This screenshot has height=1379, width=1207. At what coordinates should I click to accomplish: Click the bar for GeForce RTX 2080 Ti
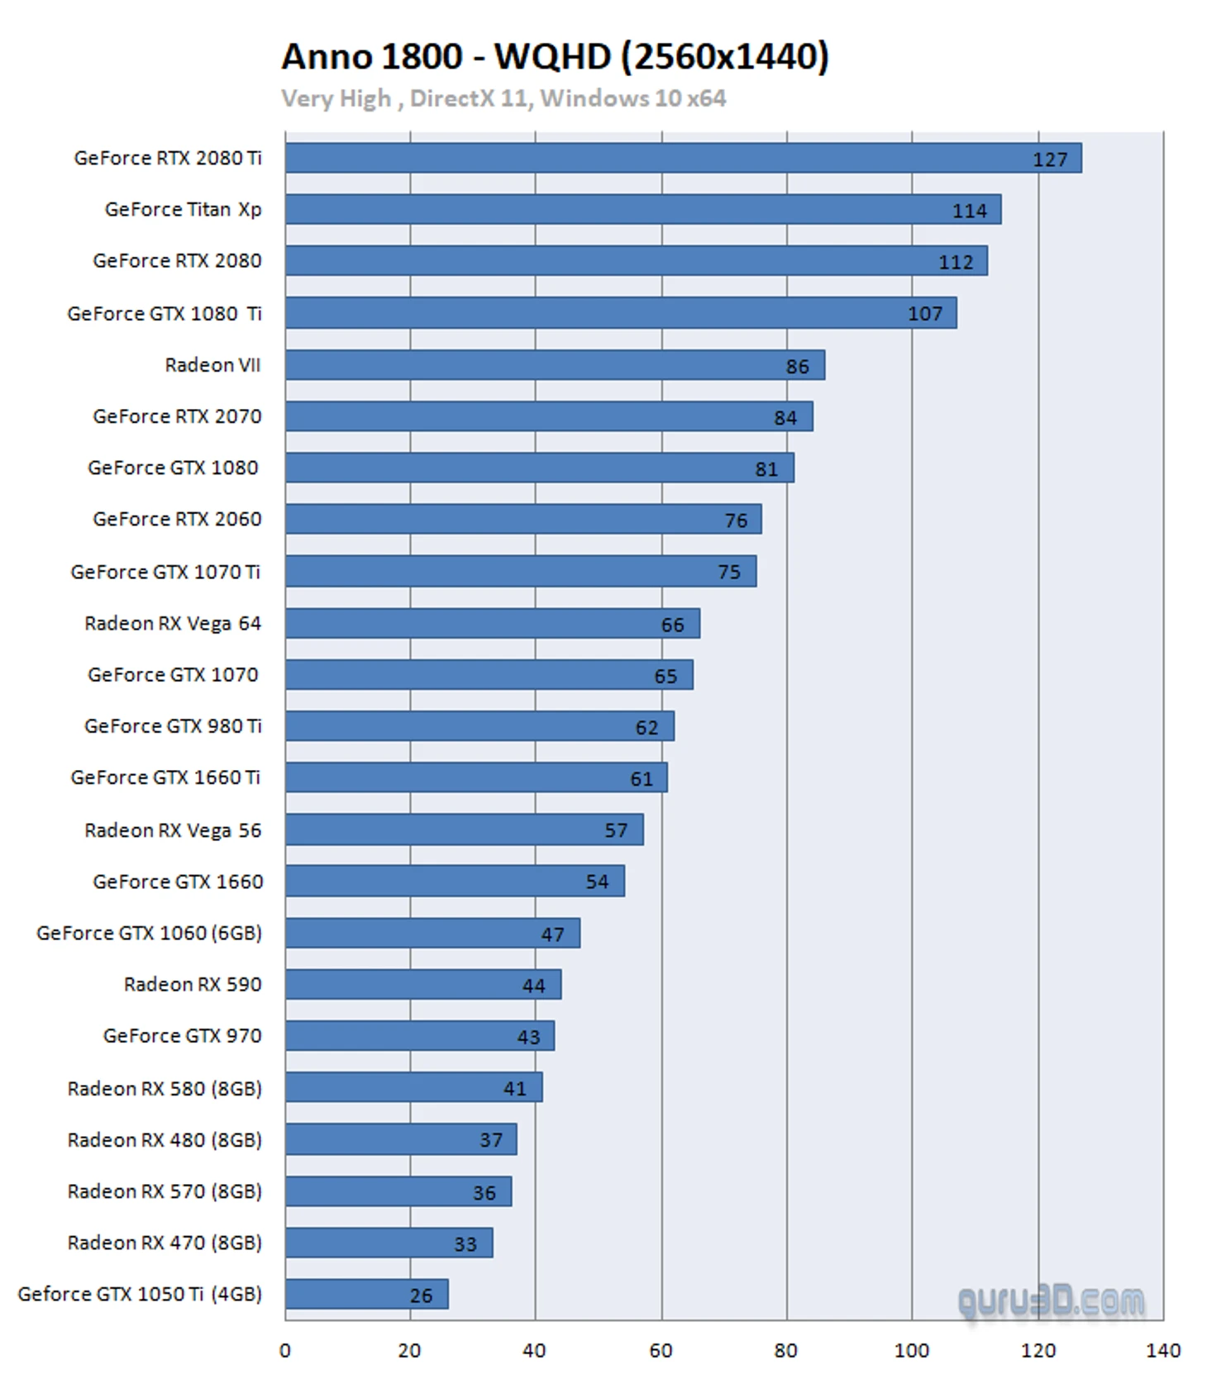tap(683, 158)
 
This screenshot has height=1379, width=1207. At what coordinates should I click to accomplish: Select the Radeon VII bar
tap(555, 365)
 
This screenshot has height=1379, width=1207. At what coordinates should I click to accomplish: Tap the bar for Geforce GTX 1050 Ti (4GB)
tap(366, 1294)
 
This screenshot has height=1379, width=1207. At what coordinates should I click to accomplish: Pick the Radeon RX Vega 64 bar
tap(492, 624)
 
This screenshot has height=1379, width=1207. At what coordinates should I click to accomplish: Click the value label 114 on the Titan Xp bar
tap(969, 211)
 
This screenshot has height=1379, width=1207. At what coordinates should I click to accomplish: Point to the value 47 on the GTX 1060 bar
tap(552, 934)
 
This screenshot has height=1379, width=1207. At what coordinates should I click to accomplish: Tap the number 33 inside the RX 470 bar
tap(465, 1244)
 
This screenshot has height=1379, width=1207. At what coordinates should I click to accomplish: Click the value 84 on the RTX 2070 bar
tap(785, 418)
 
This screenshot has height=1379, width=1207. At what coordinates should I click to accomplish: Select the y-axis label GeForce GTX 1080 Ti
tap(165, 314)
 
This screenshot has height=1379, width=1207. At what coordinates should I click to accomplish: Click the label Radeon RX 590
tap(193, 984)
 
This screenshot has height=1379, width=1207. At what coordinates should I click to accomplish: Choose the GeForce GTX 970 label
tap(182, 1036)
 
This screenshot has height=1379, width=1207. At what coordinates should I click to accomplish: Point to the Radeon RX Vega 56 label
tap(173, 830)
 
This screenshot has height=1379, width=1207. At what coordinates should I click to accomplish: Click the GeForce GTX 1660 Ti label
tap(165, 777)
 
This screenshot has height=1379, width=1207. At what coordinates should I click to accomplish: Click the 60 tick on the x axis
tap(661, 1351)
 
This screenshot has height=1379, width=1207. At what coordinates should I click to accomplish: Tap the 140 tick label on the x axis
tap(1162, 1351)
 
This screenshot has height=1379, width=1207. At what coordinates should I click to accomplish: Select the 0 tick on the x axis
tap(285, 1351)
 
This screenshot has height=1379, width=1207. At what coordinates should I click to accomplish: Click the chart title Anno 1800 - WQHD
tap(555, 57)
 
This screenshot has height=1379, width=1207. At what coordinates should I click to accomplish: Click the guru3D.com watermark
tap(1051, 1302)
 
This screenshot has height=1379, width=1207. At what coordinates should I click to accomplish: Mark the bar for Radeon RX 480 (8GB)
tap(401, 1139)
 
